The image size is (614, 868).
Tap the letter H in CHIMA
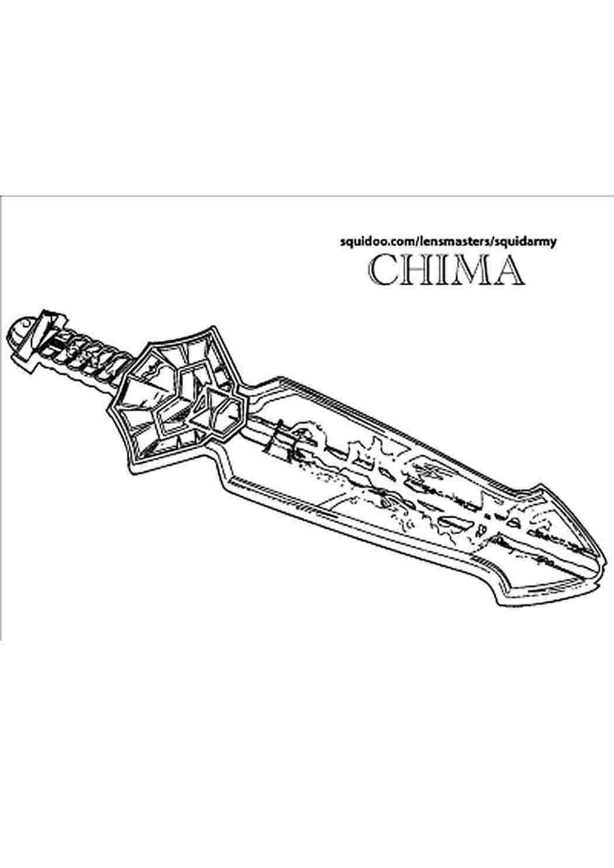click(x=412, y=270)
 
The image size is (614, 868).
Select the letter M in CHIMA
click(x=461, y=270)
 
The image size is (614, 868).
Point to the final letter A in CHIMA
click(x=505, y=270)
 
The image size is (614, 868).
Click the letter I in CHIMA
click(x=435, y=270)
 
